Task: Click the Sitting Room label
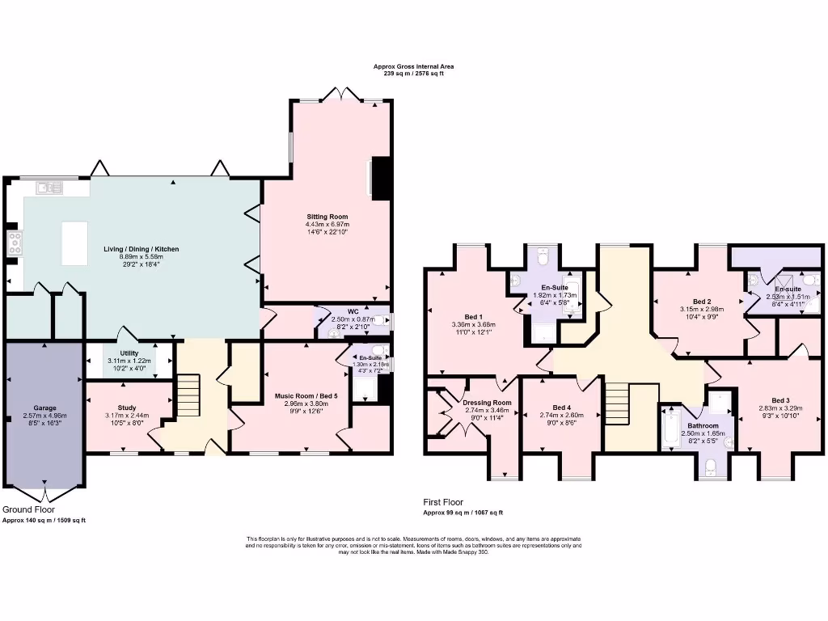coord(327,217)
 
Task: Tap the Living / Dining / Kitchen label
coord(141,249)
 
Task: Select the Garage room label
coord(44,408)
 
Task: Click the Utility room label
coord(129,353)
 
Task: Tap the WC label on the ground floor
coord(353,312)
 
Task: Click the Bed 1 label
coord(474,316)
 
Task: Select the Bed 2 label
coord(702,301)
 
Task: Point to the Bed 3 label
coord(779,400)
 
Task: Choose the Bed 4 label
coord(561,407)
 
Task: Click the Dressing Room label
coord(487,403)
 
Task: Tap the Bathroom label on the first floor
coord(703,425)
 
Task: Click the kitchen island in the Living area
coord(75,243)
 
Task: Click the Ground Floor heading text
coord(29,510)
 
